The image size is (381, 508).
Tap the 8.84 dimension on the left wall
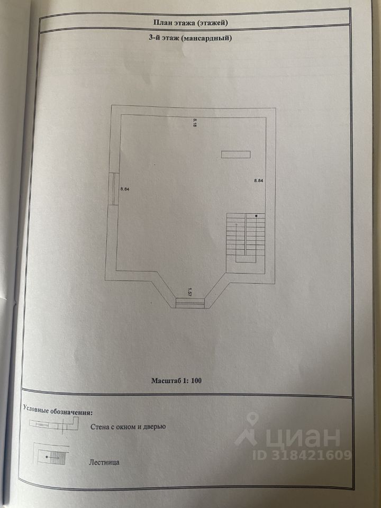tap(125, 188)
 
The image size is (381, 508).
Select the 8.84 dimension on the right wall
tap(259, 181)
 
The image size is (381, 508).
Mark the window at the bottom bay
tap(190, 303)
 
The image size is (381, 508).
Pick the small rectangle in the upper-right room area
tap(235, 154)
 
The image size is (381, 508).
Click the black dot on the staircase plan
tap(256, 216)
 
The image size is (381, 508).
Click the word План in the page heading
tap(162, 23)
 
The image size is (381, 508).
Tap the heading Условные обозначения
tap(58, 410)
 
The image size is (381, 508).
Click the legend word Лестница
tap(104, 461)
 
